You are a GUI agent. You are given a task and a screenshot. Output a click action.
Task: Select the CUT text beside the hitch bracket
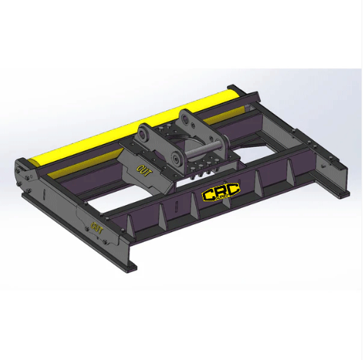(144, 170)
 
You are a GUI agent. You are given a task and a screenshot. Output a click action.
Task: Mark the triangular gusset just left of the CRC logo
(193, 207)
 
